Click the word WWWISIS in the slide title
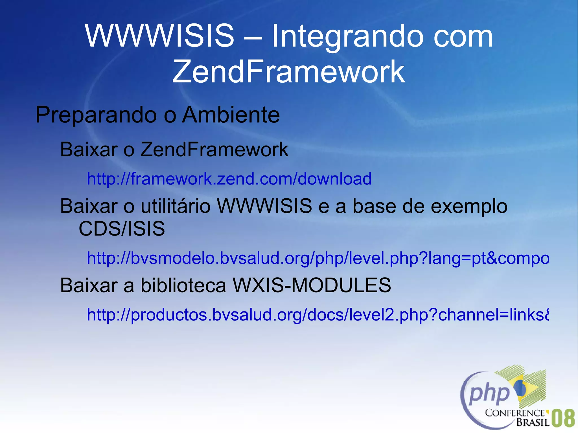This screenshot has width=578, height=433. click(x=159, y=36)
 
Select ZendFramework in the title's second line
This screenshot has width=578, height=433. click(x=288, y=72)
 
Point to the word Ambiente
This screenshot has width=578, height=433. click(x=231, y=115)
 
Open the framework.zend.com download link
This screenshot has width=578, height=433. click(x=229, y=179)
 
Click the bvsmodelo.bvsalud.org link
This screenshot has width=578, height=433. click(x=318, y=258)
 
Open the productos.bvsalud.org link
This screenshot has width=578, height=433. click(x=318, y=315)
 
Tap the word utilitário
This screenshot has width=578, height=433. click(x=176, y=206)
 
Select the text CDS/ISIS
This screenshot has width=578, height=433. click(x=122, y=228)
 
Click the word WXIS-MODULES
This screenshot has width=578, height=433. click(x=312, y=285)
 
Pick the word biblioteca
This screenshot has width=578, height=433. click(x=183, y=285)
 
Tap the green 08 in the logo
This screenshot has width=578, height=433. click(x=563, y=418)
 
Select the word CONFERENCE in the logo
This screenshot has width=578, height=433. click(x=514, y=413)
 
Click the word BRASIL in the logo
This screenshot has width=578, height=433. click(x=533, y=422)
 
